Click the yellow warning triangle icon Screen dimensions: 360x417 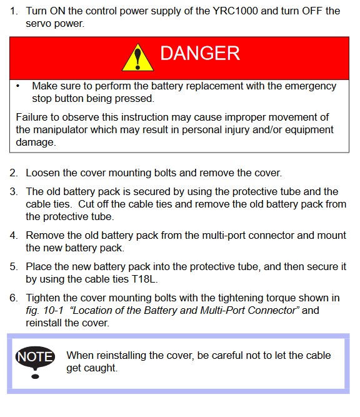(137, 58)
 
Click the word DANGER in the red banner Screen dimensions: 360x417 (200, 54)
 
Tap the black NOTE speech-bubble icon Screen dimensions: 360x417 (35, 362)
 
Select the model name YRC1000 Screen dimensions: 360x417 (235, 11)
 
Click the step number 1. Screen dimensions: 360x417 (13, 11)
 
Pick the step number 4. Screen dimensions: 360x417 (13, 235)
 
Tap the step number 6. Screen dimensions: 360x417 (13, 298)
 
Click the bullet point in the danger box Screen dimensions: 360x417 (18, 86)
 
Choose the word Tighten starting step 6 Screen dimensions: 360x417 (42, 298)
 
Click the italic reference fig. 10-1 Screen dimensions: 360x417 (44, 310)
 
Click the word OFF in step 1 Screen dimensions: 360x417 (312, 11)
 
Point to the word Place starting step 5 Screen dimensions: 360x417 (39, 266)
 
